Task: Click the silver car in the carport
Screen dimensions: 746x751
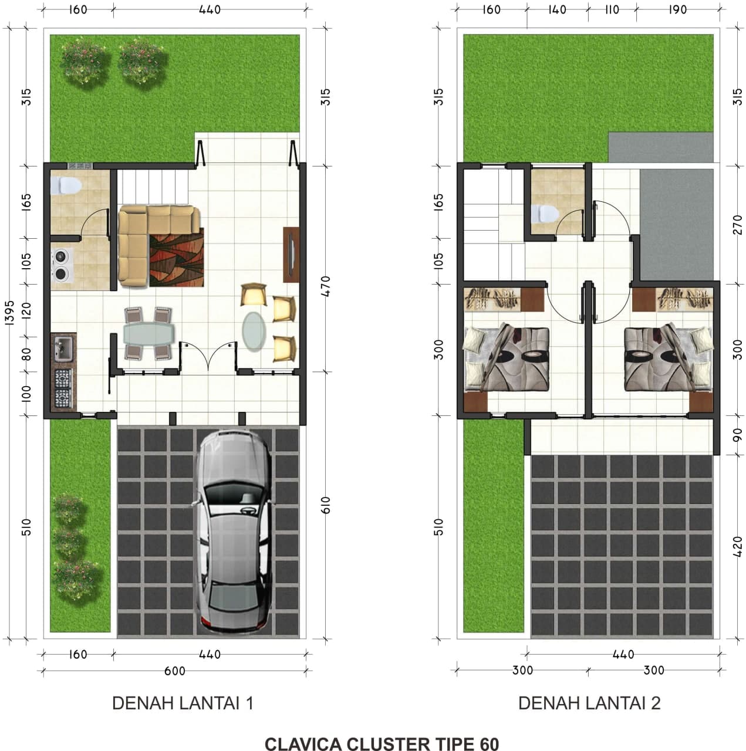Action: point(233,535)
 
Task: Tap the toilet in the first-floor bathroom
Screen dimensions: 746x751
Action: point(66,185)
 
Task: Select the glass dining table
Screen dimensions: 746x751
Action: point(148,333)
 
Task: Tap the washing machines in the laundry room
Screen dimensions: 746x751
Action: point(62,265)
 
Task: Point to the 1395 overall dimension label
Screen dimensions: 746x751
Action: point(10,312)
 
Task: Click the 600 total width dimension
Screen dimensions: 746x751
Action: point(175,671)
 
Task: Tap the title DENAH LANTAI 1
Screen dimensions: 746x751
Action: point(183,703)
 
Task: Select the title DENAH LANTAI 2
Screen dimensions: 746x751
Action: point(589,703)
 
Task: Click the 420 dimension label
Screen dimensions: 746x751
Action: point(737,546)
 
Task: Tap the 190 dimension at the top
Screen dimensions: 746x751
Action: point(677,9)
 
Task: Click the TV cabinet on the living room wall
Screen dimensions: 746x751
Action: point(291,255)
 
